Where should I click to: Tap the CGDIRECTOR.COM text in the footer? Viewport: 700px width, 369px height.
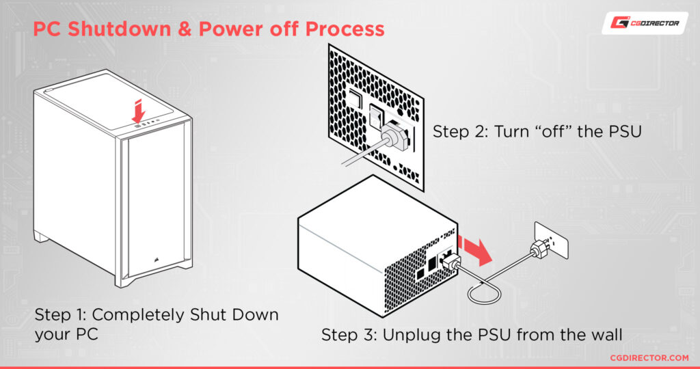[649, 357]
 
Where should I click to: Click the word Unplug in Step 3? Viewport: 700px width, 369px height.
[409, 336]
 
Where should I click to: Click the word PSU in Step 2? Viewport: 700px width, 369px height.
[621, 131]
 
